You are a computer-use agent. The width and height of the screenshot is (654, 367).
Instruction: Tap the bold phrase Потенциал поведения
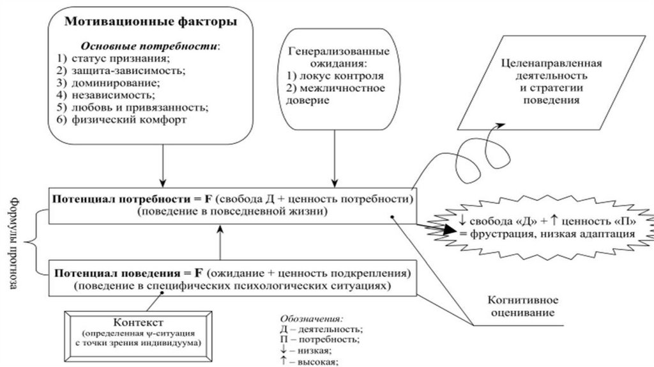pos(111,274)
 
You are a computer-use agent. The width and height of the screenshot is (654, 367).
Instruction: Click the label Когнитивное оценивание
pos(523,306)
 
